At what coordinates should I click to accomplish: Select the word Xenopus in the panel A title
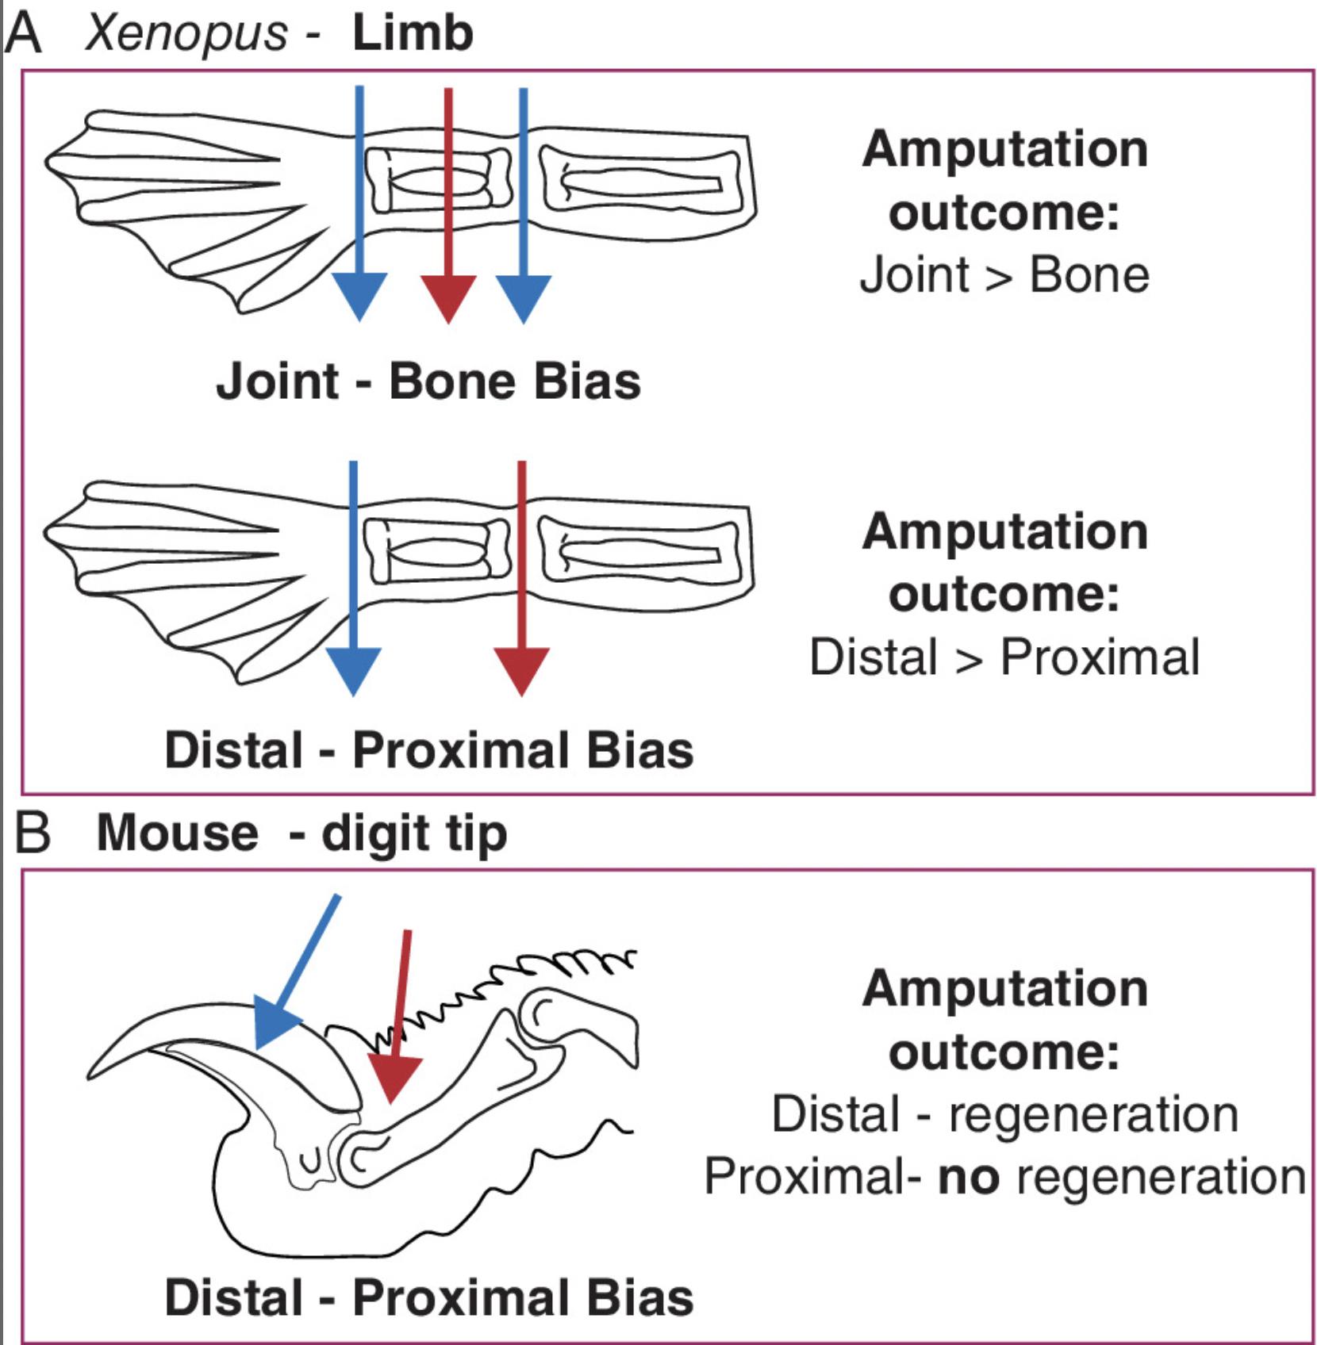click(186, 33)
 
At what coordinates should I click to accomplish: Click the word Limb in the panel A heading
click(413, 33)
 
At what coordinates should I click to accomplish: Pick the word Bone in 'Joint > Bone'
click(1089, 275)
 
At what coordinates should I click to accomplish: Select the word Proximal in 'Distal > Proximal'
click(1100, 657)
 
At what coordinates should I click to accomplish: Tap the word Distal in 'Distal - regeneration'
click(835, 1114)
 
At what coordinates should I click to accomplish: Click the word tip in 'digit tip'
click(477, 834)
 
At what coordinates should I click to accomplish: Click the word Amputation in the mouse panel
click(1004, 989)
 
